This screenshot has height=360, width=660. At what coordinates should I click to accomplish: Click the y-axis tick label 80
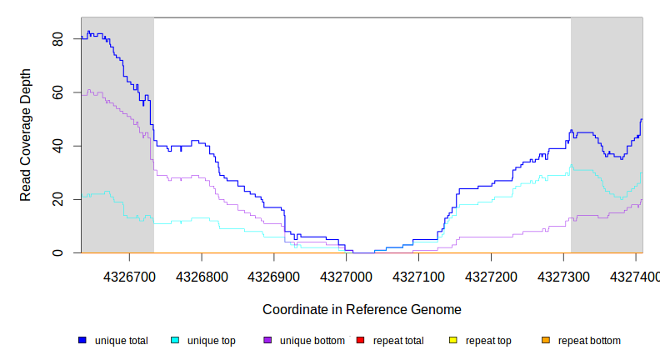[57, 39]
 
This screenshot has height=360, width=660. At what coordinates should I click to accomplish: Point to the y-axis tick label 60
[57, 92]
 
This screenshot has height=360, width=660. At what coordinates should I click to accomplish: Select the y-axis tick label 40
[57, 146]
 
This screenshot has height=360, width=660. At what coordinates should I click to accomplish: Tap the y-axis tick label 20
[57, 199]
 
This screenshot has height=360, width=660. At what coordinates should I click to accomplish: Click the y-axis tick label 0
[57, 252]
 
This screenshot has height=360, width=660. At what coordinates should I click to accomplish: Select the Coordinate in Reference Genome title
[362, 310]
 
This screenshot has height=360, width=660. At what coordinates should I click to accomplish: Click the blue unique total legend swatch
[82, 340]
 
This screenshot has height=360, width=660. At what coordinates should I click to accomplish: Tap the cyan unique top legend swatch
[175, 340]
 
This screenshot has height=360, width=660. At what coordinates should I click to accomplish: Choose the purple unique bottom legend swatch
[267, 340]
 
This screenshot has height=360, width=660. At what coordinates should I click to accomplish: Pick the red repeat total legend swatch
[360, 340]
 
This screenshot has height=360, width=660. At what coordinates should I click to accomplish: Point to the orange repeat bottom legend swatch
[545, 340]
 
